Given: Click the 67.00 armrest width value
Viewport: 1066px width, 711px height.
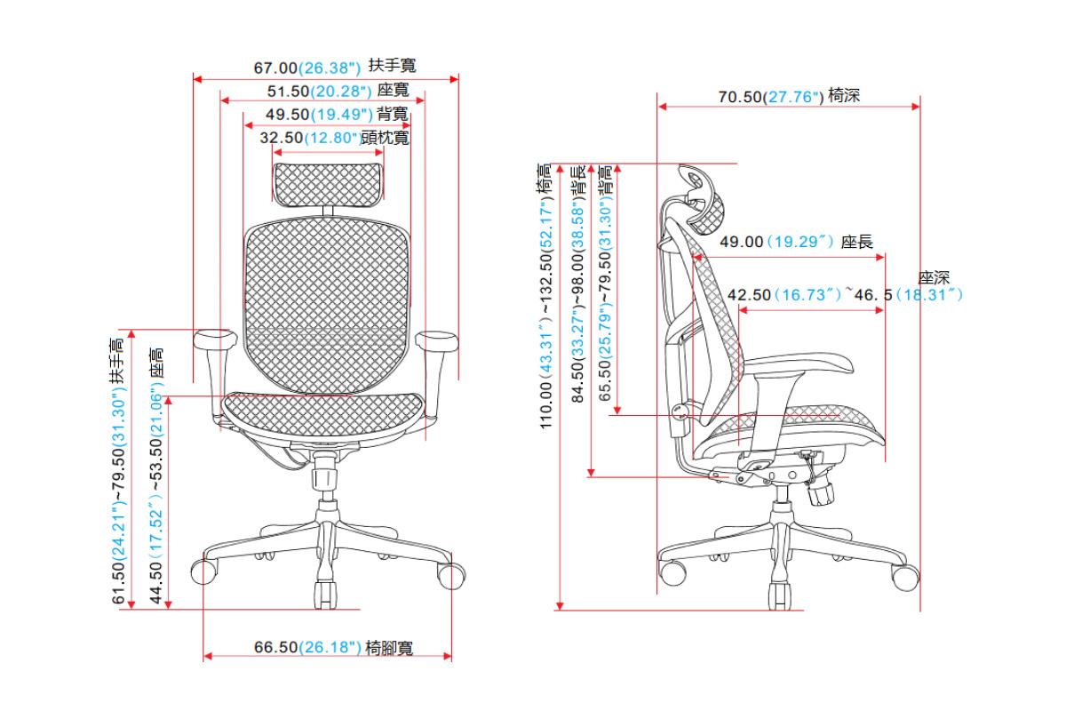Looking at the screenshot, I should point(275,68).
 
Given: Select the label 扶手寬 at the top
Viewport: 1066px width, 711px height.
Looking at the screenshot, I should point(392,66).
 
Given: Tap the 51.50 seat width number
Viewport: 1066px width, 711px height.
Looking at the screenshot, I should point(288,91).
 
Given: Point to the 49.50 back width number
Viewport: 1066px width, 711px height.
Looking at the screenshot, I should point(287,114).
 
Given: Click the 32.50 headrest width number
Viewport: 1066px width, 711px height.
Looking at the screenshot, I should point(281,138).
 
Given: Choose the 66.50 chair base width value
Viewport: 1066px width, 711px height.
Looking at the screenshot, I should point(275,647).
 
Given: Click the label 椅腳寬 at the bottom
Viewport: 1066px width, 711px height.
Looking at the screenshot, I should point(389,648).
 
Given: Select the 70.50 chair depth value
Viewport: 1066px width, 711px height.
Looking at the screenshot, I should point(741,97).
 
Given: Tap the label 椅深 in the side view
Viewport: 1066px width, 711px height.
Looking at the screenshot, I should point(844,96).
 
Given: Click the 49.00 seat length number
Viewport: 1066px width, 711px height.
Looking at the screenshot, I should point(741,242).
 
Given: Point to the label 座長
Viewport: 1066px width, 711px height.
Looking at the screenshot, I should point(856,242).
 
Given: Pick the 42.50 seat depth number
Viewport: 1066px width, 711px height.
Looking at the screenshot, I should point(749,295).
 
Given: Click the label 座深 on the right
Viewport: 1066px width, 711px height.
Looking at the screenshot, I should point(934,278).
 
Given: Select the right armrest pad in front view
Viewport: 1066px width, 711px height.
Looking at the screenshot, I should point(438,339).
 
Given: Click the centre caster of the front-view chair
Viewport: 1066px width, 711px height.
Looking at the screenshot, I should point(326,594).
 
